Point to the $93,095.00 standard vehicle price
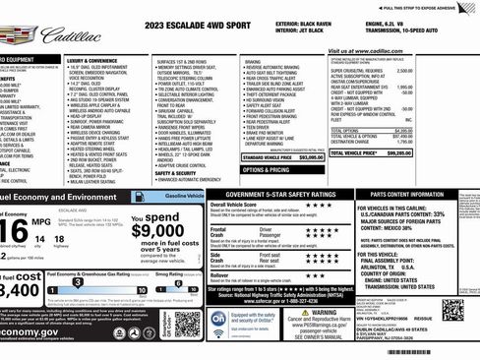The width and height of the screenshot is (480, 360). click(x=311, y=156)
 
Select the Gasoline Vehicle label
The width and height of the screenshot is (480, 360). click(x=185, y=197)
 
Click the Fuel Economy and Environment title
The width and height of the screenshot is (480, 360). click(x=59, y=198)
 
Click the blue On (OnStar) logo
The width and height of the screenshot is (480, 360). click(x=219, y=320)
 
